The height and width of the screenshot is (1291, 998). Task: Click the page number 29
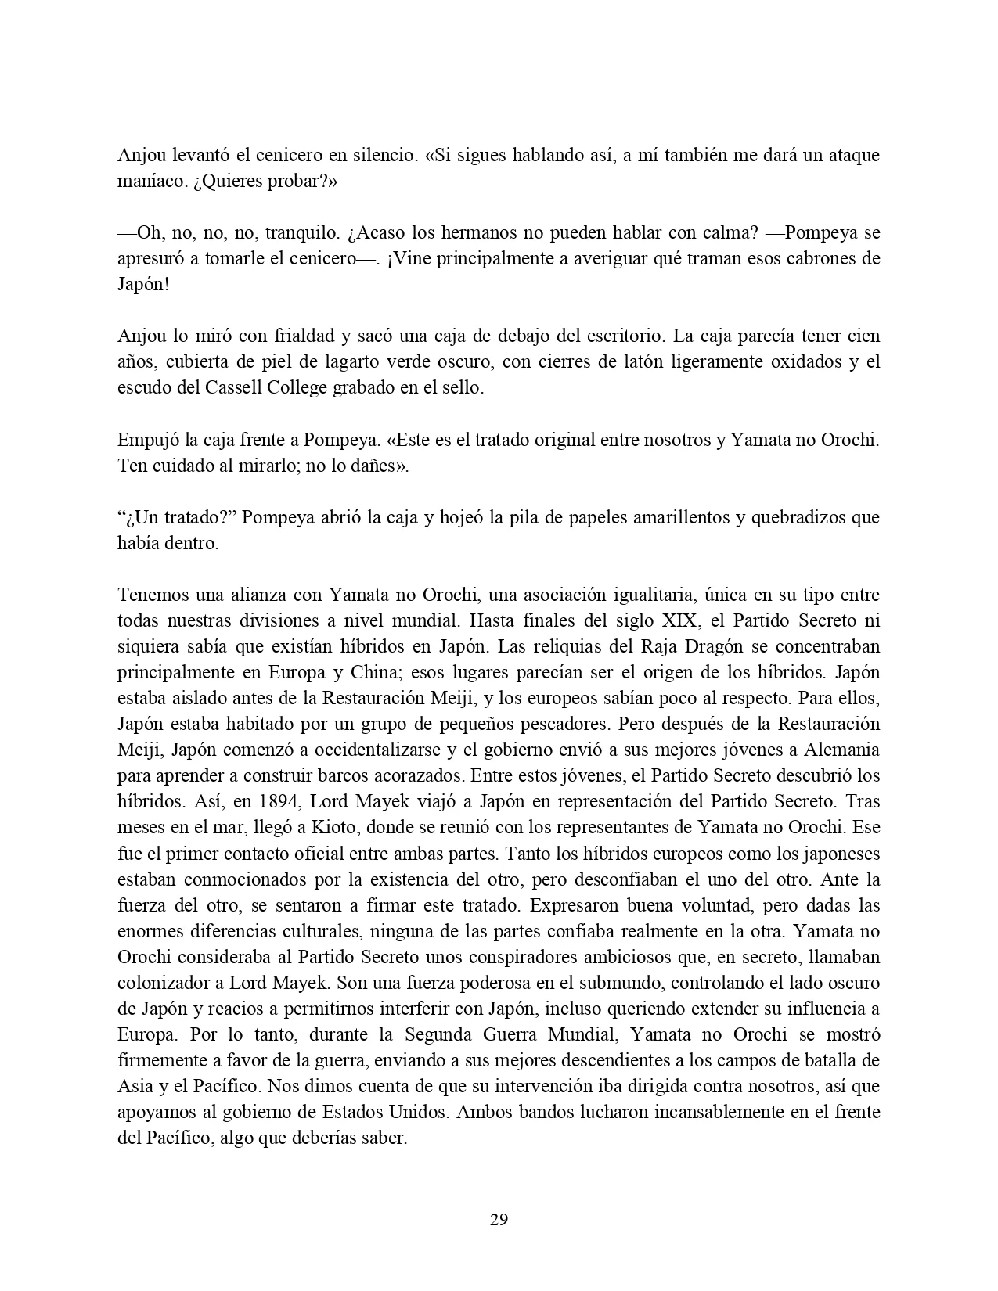click(x=499, y=1220)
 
